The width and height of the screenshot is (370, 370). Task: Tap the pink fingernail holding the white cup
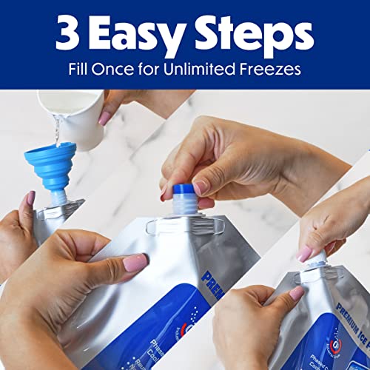click(104, 118)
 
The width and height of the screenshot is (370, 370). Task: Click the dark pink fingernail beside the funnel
click(30, 198)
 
